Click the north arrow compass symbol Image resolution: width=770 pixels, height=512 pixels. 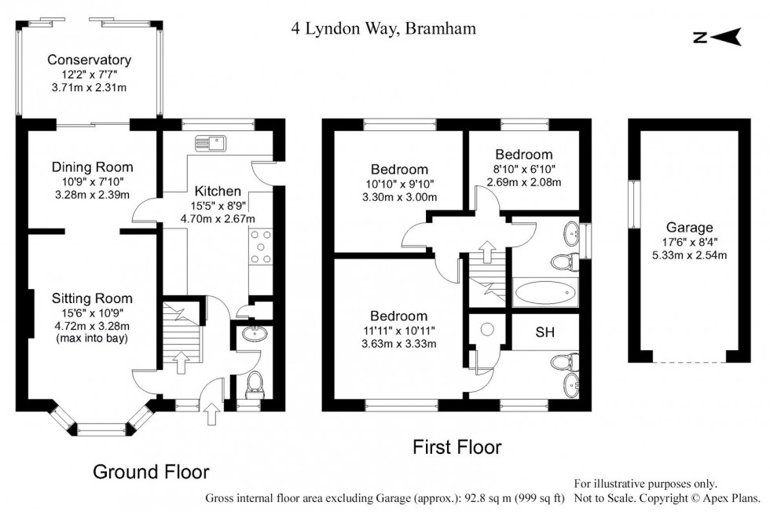(x=717, y=36)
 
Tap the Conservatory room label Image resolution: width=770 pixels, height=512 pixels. (x=89, y=60)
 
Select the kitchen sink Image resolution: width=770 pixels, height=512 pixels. (x=211, y=143)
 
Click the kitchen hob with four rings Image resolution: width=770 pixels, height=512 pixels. (x=260, y=247)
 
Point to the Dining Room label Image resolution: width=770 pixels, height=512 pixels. (x=92, y=167)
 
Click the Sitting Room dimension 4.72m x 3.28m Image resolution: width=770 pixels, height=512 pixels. (x=92, y=327)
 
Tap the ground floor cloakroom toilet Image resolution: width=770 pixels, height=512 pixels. (x=254, y=385)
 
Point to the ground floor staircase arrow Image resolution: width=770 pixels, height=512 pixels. (x=180, y=361)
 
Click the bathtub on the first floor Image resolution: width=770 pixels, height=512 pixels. (x=545, y=294)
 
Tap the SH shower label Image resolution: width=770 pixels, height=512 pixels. (x=544, y=333)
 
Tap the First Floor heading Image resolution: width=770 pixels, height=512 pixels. (x=456, y=448)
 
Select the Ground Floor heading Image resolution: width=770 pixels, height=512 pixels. (x=151, y=471)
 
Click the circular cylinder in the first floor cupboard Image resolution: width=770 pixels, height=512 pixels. (x=487, y=330)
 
